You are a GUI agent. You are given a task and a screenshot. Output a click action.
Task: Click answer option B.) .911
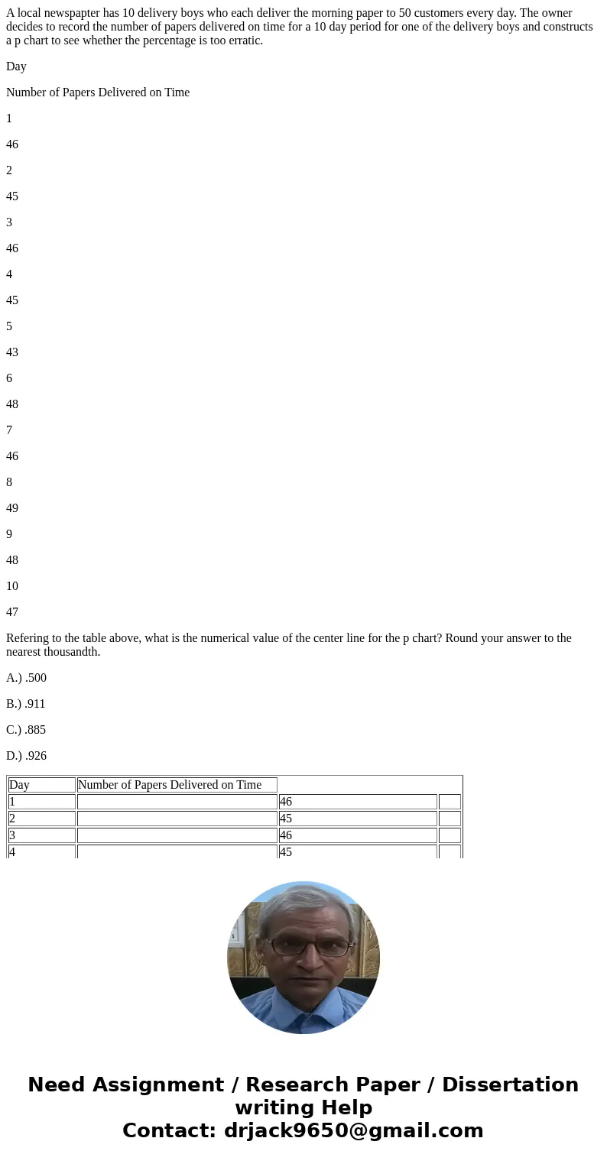[26, 704]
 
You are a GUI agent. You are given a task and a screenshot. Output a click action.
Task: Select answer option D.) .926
[26, 756]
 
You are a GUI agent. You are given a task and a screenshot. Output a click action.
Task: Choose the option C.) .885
[26, 730]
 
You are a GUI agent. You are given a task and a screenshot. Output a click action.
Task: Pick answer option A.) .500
[26, 678]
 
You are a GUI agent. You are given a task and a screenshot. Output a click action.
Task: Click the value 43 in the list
[12, 352]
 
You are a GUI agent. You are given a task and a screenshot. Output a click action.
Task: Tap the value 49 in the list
[12, 508]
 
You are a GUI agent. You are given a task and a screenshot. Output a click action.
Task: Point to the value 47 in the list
[12, 612]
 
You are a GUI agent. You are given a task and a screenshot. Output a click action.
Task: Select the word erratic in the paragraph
[244, 41]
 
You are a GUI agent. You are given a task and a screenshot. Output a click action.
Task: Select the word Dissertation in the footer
[510, 1085]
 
